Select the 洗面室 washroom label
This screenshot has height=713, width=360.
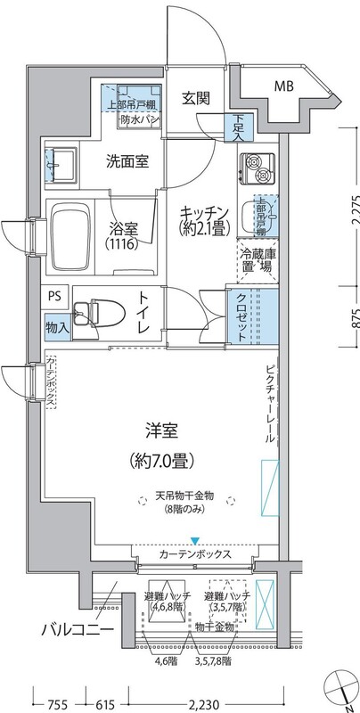click(x=127, y=161)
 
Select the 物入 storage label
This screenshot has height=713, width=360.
click(x=56, y=327)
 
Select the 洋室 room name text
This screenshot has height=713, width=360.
click(x=162, y=431)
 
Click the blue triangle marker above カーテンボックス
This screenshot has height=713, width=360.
click(x=194, y=540)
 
